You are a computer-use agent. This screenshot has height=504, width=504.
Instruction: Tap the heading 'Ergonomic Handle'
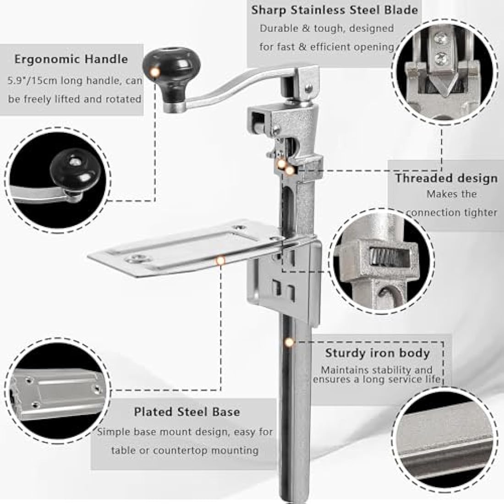tap(71, 59)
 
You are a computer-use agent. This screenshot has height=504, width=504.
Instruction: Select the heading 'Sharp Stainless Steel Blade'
tap(334, 10)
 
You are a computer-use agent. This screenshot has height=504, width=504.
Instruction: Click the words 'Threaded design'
tap(446, 178)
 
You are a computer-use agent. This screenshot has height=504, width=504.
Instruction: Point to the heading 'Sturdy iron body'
tap(378, 353)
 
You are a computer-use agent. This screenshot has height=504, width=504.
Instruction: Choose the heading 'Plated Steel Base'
tap(187, 412)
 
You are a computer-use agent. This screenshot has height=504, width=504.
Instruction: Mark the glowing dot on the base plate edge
tap(220, 260)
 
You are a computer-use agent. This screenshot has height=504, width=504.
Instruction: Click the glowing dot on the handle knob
tap(155, 72)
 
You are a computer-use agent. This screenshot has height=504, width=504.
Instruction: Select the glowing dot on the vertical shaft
tap(289, 342)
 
